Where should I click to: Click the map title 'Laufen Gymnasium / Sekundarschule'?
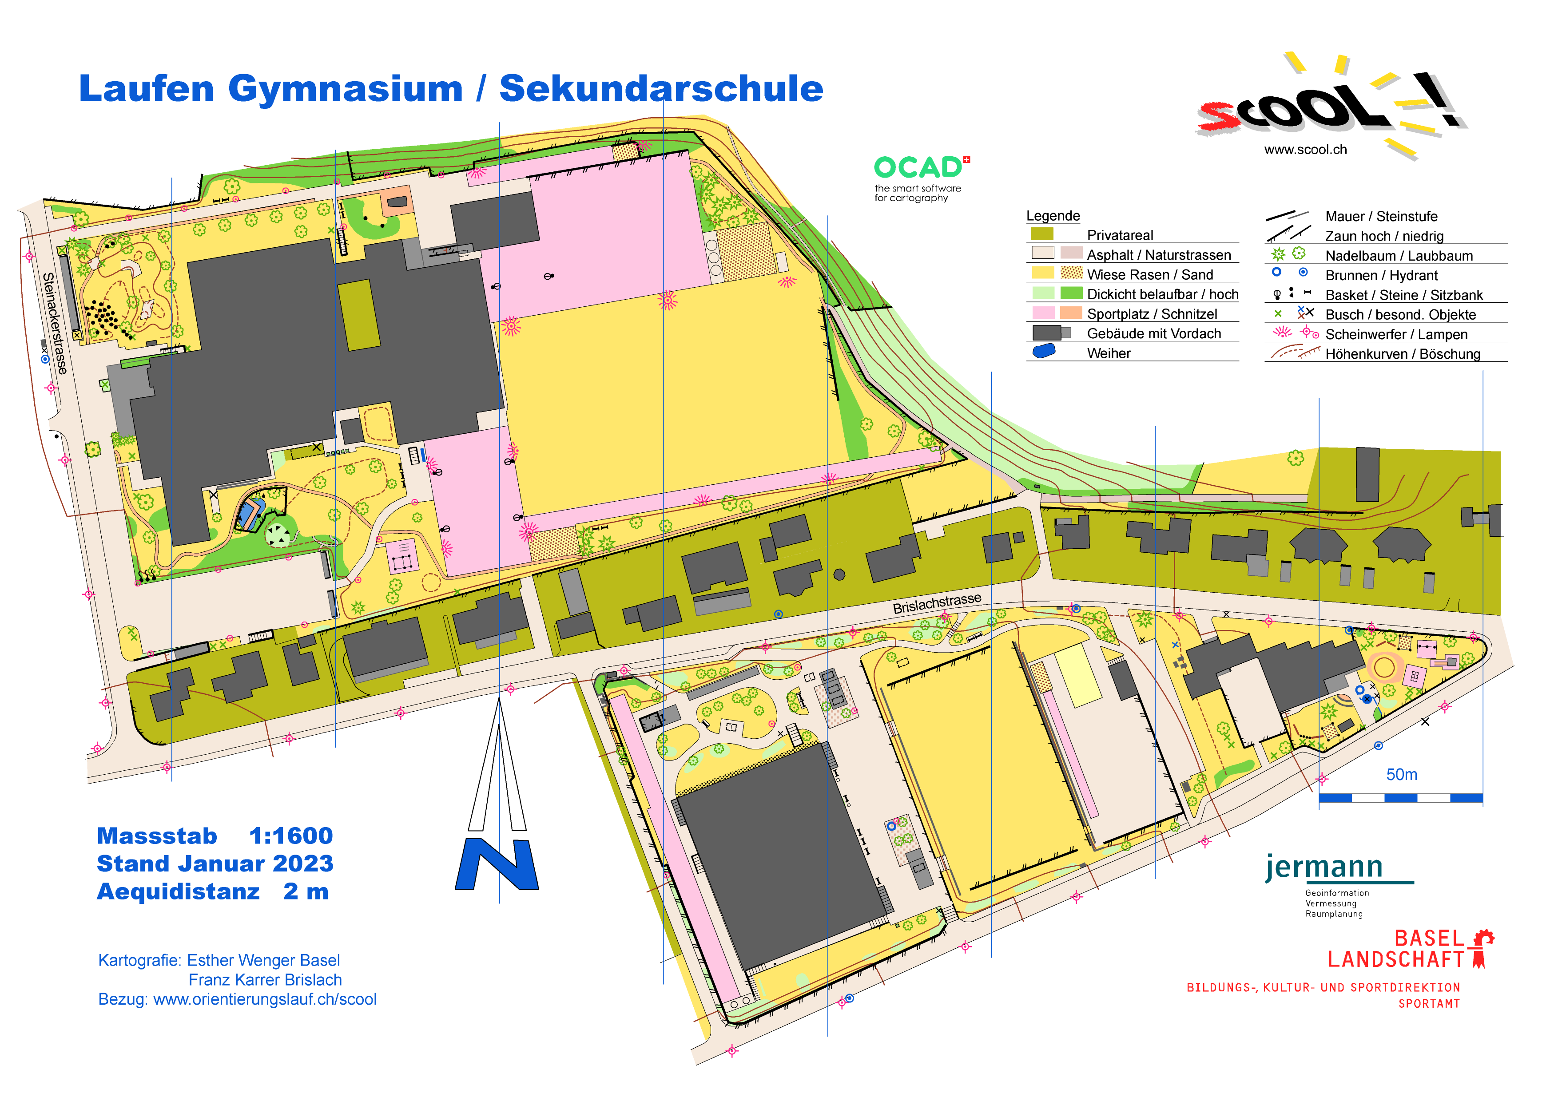click(x=451, y=89)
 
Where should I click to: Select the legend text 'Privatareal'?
click(x=1120, y=235)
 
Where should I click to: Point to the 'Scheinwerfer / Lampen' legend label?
click(x=1396, y=334)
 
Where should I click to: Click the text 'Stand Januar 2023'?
click(x=215, y=863)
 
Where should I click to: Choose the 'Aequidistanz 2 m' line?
click(x=212, y=891)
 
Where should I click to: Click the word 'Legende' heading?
click(x=1053, y=216)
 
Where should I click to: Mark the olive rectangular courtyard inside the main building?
click(x=359, y=315)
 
